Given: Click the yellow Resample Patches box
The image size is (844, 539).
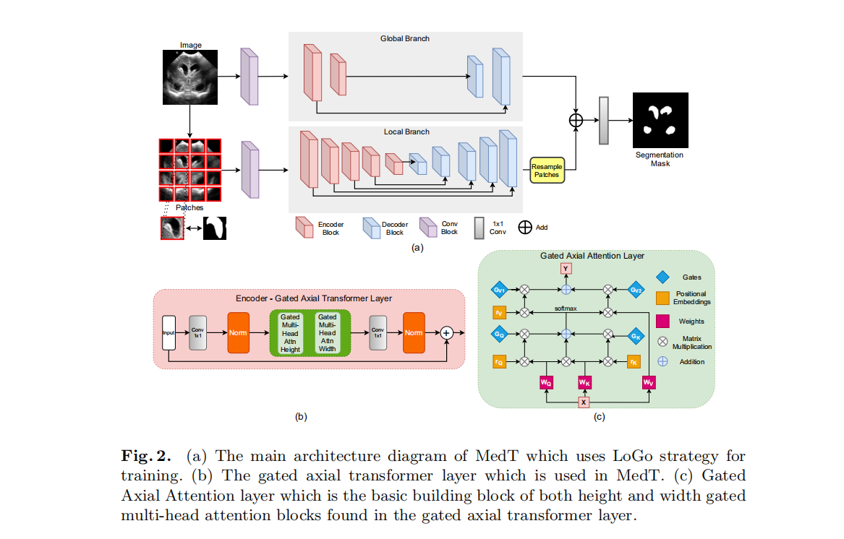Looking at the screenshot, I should click(547, 171).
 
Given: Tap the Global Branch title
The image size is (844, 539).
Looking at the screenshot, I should click(405, 38).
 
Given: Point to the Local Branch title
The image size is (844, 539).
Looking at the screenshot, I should click(406, 131).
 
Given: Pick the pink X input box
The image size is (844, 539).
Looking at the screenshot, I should click(584, 402).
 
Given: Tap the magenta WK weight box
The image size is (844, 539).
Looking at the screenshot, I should click(584, 381).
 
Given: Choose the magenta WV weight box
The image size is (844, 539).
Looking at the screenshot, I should click(649, 381).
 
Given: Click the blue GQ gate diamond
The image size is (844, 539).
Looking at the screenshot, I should click(499, 335).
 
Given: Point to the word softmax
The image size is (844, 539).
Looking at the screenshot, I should click(566, 309).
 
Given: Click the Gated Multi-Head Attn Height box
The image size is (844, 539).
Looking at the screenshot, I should click(290, 333).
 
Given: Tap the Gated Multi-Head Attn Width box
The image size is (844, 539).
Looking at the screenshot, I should click(328, 333).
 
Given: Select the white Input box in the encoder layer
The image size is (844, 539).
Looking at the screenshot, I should click(169, 333).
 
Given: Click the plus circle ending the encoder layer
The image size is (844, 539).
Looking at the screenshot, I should click(446, 333).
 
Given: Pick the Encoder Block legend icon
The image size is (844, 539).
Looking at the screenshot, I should click(302, 227).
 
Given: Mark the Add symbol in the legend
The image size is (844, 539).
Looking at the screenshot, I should click(524, 227).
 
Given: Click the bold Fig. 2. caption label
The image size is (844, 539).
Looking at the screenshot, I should click(146, 457).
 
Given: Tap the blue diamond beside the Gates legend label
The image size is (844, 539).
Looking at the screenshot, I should click(662, 277).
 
